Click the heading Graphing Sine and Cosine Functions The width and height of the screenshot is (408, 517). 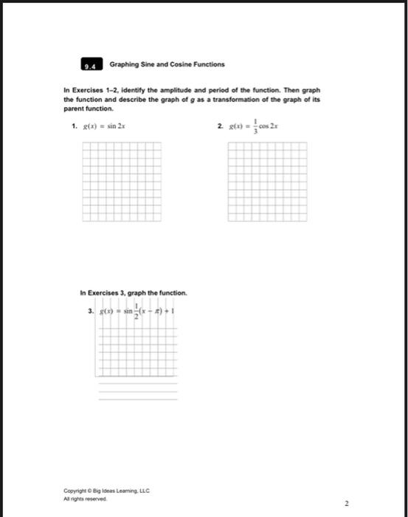pyautogui.click(x=167, y=65)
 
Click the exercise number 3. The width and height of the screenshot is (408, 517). pyautogui.click(x=90, y=312)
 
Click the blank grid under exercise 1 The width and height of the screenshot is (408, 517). pyautogui.click(x=121, y=181)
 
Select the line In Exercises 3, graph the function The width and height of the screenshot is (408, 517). pyautogui.click(x=133, y=293)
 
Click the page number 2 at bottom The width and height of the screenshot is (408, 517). pyautogui.click(x=345, y=503)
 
